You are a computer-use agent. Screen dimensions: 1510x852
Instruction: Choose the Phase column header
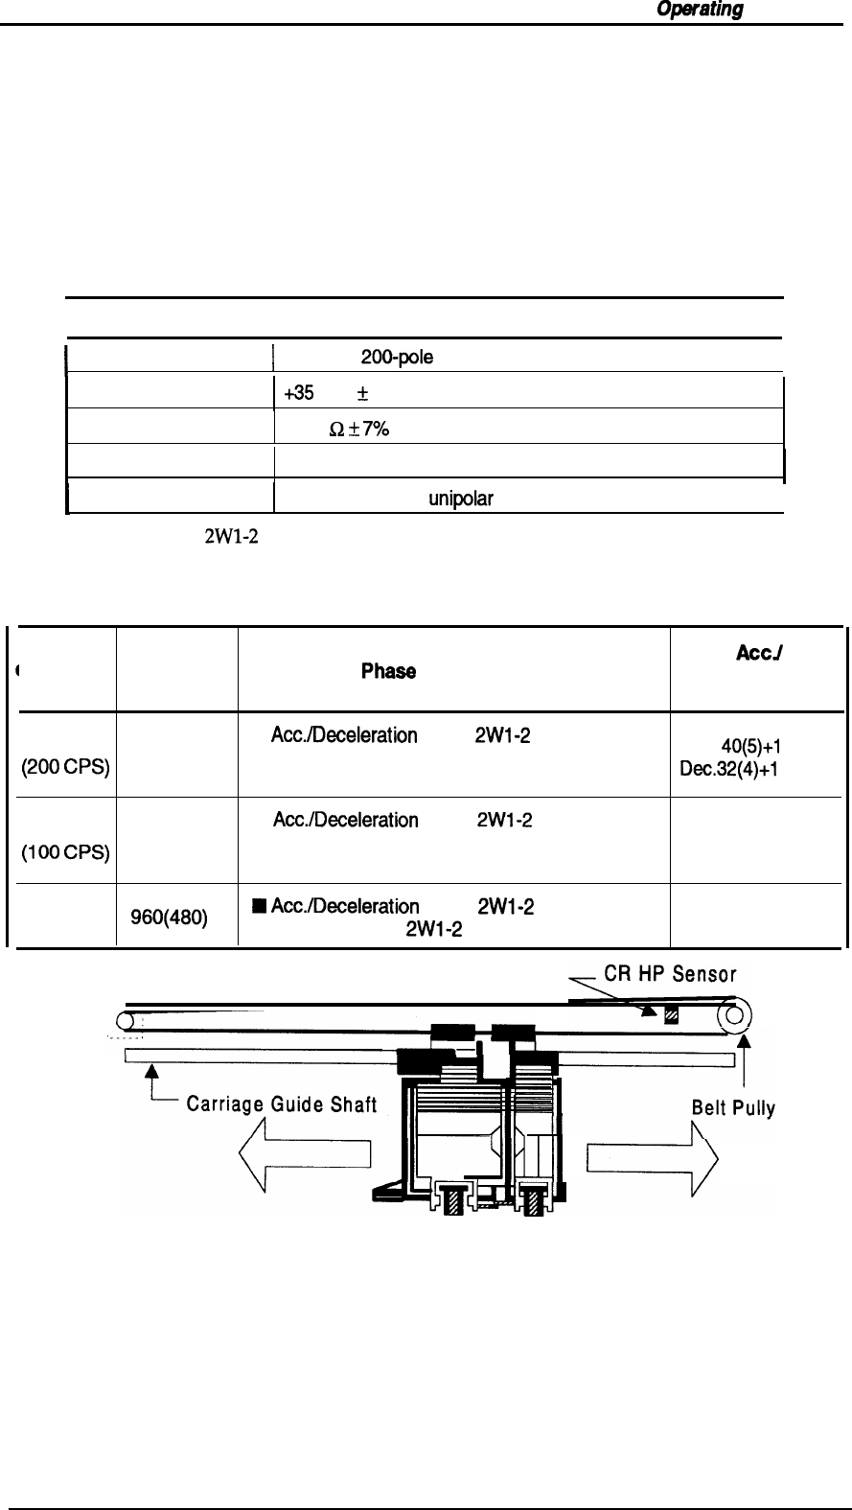388,672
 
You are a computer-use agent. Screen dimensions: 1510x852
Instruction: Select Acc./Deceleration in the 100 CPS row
345,821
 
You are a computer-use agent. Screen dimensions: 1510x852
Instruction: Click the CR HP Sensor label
669,975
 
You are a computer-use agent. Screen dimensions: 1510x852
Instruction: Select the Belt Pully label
732,1109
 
